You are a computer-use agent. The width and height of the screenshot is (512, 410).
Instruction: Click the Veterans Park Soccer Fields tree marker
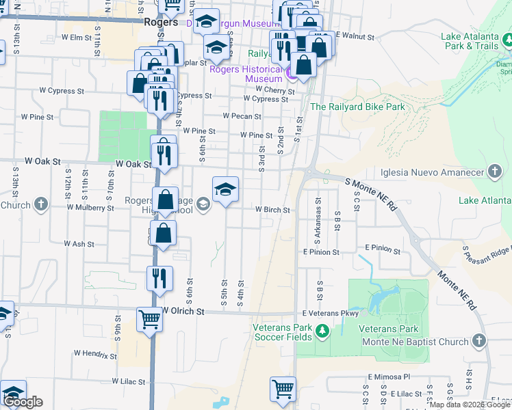point(323,333)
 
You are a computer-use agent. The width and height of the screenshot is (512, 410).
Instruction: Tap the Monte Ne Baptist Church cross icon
point(479,341)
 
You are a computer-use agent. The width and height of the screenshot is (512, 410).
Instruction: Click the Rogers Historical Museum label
point(246,74)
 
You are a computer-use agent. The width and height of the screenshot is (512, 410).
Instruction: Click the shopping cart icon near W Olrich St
point(149,318)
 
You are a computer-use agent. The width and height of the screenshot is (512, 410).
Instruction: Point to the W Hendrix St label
point(95,355)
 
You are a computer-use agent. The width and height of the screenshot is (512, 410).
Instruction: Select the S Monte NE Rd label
point(372,193)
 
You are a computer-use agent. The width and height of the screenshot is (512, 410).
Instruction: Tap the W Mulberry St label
point(90,207)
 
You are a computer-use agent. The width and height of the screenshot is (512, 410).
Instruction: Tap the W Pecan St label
point(242,117)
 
